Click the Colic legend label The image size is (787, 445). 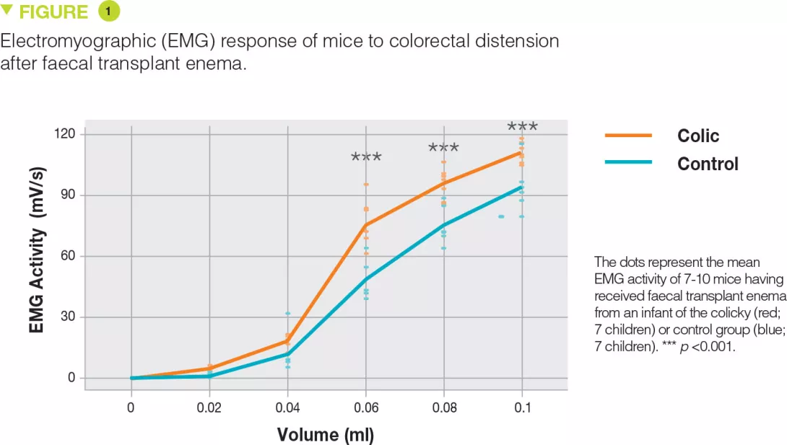click(x=697, y=136)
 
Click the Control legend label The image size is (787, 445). click(x=708, y=164)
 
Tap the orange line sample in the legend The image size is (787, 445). click(x=627, y=136)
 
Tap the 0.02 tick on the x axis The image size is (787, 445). click(x=209, y=408)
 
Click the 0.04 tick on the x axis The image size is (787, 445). click(x=287, y=408)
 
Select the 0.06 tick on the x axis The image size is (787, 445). click(x=366, y=408)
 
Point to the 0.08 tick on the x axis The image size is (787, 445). click(x=444, y=408)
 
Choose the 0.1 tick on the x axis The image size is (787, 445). click(x=522, y=408)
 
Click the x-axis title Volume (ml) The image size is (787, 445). click(x=326, y=435)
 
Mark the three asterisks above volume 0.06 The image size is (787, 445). click(x=366, y=157)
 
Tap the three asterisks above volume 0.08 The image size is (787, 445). click(x=443, y=148)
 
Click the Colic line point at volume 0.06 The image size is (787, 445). click(x=366, y=226)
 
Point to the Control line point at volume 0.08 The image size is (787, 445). click(x=444, y=224)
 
